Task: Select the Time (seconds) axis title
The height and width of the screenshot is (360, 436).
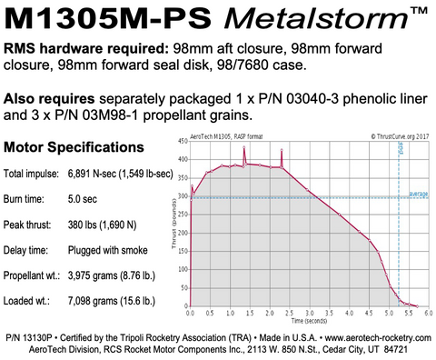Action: click(309, 320)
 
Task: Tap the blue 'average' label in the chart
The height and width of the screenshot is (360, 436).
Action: click(419, 193)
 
